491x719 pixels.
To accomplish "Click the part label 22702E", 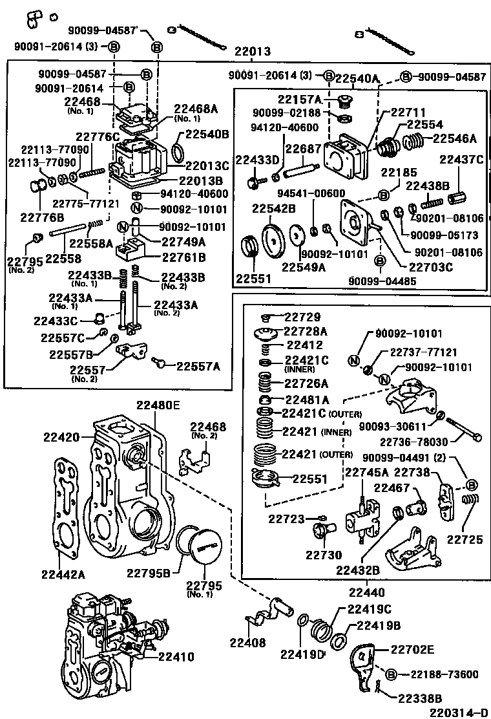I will coord(412,649).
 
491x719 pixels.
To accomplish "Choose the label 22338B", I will coord(420,698).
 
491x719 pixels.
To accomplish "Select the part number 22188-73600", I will coord(443,674).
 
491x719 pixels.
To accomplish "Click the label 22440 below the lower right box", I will coord(367,591).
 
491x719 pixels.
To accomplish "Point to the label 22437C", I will coord(461,159).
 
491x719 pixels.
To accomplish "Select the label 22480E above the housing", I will coord(158,405).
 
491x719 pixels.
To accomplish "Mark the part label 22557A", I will coord(198,366).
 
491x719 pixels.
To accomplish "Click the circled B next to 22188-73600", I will coord(392,674).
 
